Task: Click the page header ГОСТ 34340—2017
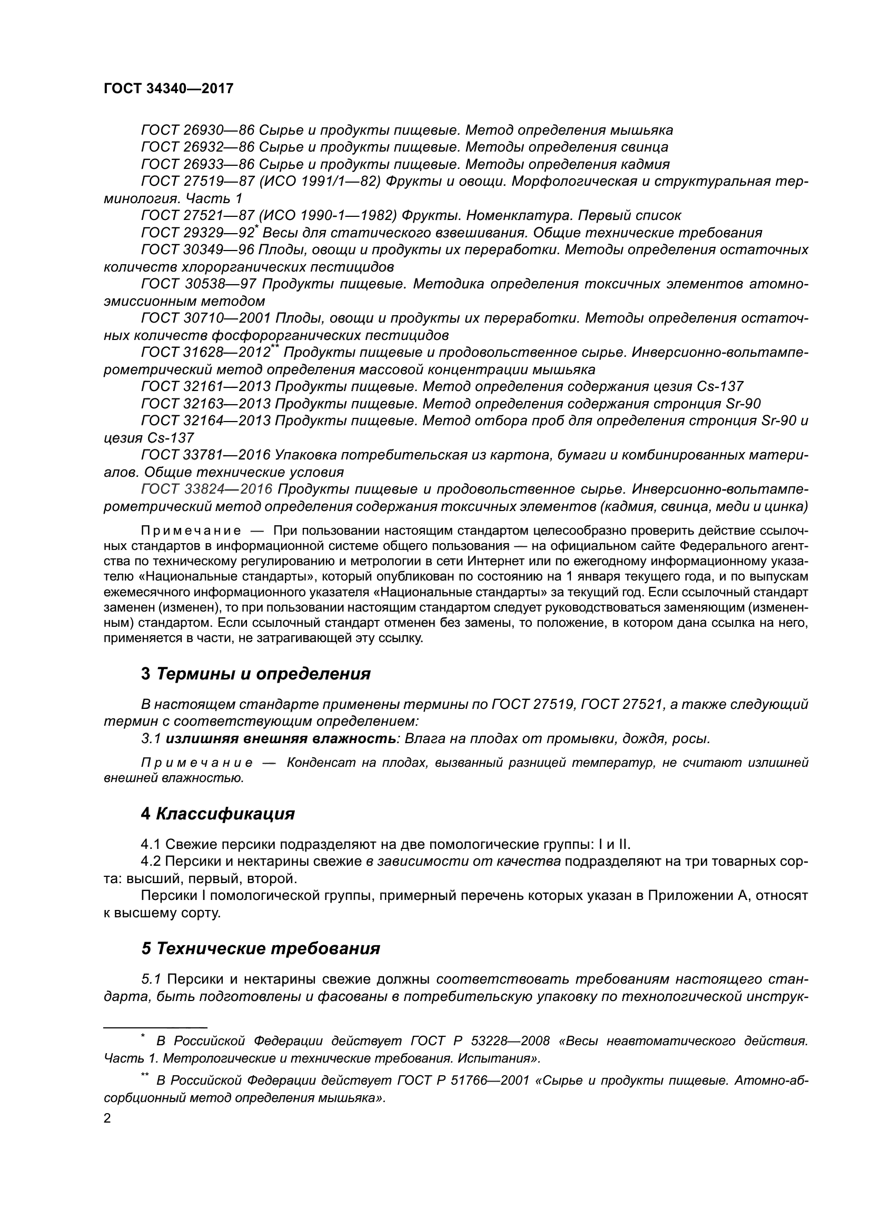[x=169, y=88]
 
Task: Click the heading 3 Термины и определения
[x=256, y=674]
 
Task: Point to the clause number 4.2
[x=151, y=862]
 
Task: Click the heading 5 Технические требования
[x=261, y=948]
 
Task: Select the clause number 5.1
[x=151, y=979]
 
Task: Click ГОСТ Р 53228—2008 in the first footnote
[x=480, y=1041]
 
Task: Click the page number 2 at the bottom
[x=107, y=1119]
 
